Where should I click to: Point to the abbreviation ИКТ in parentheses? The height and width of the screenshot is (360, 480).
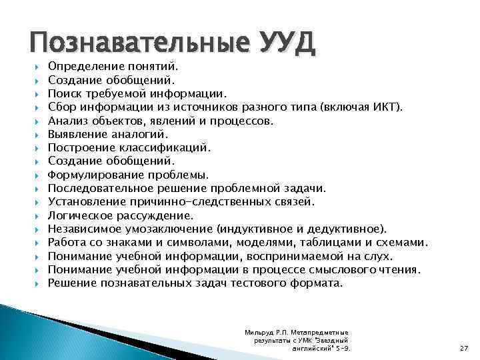(x=387, y=108)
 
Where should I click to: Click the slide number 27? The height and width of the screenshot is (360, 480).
(x=464, y=347)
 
